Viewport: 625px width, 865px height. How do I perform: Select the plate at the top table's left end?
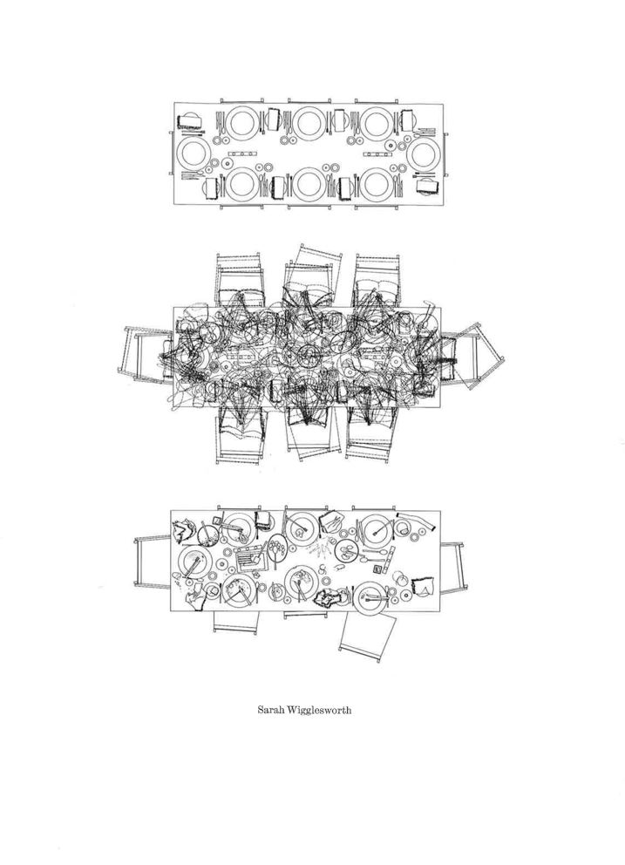tap(194, 153)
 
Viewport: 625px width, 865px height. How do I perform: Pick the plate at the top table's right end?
tap(425, 153)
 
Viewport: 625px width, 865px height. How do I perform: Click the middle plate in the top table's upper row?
tap(309, 123)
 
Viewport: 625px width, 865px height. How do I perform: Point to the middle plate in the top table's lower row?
tap(309, 184)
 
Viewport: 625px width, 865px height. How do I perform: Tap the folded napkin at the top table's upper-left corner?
tap(190, 122)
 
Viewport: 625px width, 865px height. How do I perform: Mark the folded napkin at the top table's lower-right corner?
tap(427, 185)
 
